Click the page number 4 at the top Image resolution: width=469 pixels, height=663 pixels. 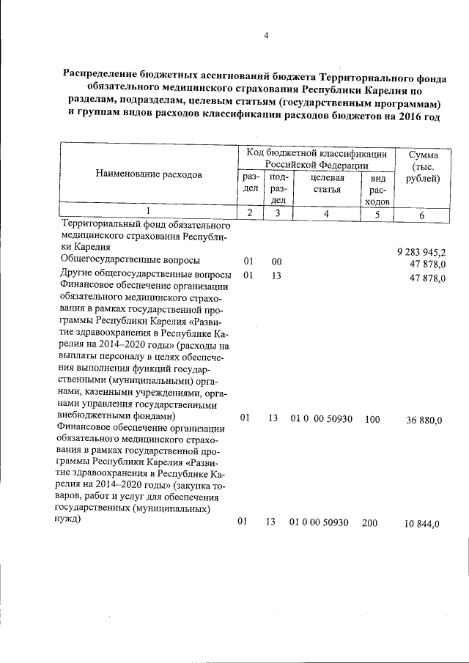(x=267, y=36)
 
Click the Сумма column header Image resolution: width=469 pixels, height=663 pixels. (x=424, y=166)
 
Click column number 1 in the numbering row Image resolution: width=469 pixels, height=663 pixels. (x=147, y=212)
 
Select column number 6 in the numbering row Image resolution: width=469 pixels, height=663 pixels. (x=421, y=215)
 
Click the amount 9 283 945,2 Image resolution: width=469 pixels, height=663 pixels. (x=421, y=252)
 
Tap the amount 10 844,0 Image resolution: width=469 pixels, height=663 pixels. (x=421, y=524)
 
